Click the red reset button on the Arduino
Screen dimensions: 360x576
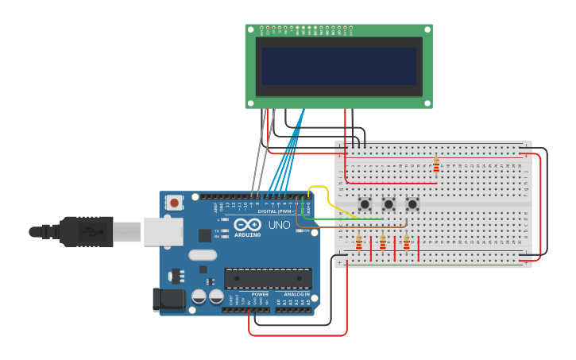pyautogui.click(x=173, y=203)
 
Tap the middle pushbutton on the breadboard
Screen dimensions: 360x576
pyautogui.click(x=389, y=204)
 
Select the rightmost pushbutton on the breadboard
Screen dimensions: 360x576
pyautogui.click(x=412, y=204)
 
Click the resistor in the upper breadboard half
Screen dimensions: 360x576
pyautogui.click(x=436, y=165)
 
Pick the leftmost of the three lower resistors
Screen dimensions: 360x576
pyautogui.click(x=359, y=242)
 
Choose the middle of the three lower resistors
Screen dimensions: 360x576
pyautogui.click(x=383, y=242)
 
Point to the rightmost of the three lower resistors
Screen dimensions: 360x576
pyautogui.click(x=407, y=242)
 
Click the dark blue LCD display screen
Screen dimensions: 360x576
pyautogui.click(x=338, y=66)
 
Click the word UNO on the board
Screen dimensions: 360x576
pyautogui.click(x=279, y=225)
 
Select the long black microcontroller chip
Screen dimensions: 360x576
pyautogui.click(x=268, y=278)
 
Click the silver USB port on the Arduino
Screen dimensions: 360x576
pyautogui.click(x=163, y=231)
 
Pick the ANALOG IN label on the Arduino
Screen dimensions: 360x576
pyautogui.click(x=296, y=294)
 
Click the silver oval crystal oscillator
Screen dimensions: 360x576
pyautogui.click(x=203, y=255)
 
